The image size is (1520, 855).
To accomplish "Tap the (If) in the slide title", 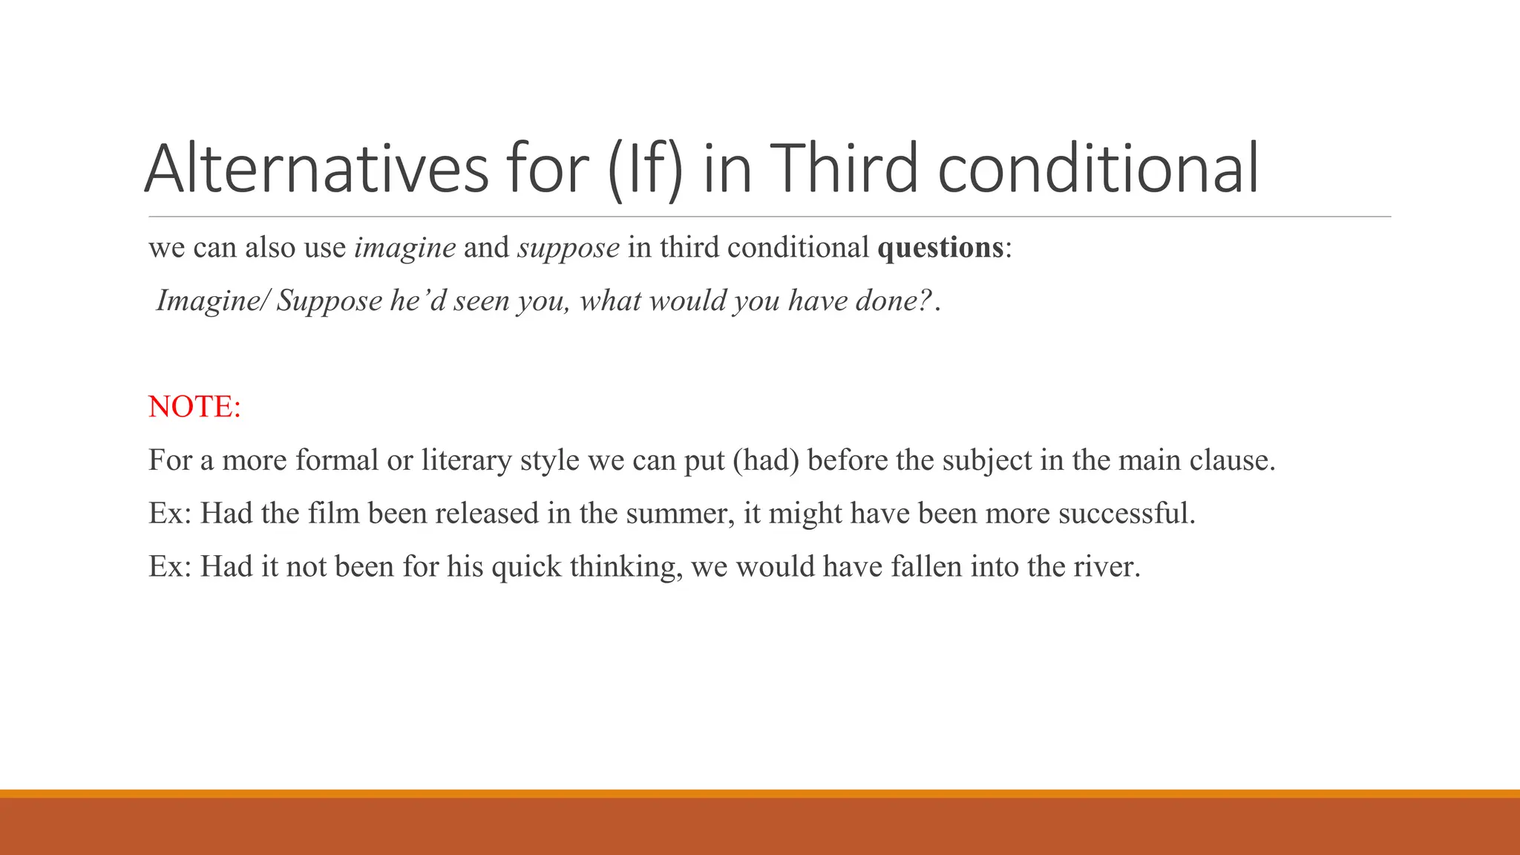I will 644,168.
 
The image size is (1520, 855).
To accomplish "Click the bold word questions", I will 940,247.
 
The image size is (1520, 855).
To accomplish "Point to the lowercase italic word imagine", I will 405,247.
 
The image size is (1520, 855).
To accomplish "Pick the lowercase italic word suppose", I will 569,249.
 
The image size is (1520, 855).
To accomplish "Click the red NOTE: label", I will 194,407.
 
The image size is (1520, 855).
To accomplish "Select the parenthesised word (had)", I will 766,460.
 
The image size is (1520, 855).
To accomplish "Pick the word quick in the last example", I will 526,567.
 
